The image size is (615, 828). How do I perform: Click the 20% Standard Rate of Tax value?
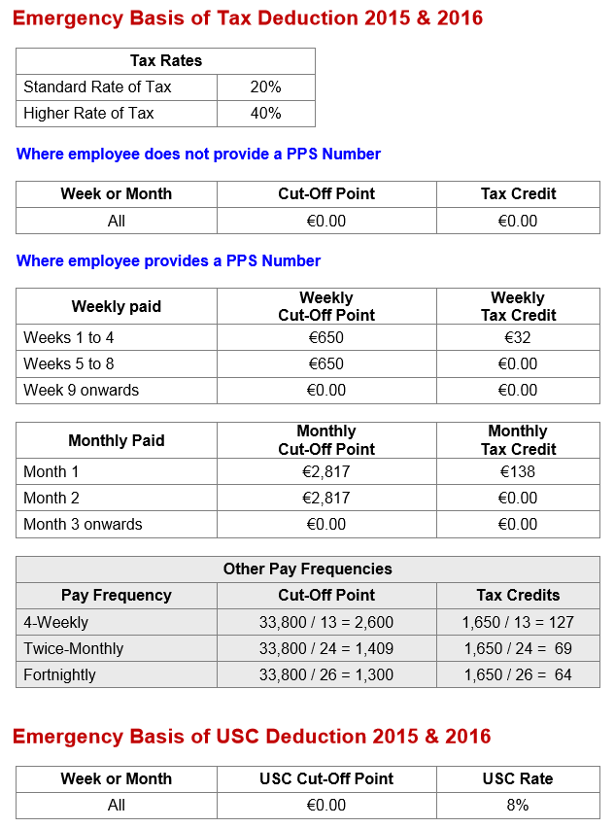[265, 87]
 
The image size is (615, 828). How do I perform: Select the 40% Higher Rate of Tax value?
[265, 114]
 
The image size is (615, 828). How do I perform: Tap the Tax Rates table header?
[165, 61]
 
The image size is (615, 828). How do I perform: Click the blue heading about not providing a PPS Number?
[198, 155]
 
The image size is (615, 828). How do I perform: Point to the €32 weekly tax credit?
[518, 338]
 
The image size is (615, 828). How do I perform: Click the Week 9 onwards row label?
[81, 391]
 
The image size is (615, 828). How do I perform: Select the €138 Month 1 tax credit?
[518, 472]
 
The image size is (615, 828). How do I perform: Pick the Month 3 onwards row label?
[83, 525]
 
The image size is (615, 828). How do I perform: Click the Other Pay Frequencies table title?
[307, 569]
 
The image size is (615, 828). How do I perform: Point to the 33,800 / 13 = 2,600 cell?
[325, 622]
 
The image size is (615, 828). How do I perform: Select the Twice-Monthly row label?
[73, 648]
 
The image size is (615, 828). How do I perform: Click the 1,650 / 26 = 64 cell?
[518, 674]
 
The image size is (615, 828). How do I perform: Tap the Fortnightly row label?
[59, 674]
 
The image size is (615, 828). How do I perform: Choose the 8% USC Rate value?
[518, 806]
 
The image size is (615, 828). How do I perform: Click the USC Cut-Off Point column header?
[325, 779]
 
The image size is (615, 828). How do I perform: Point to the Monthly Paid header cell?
[116, 440]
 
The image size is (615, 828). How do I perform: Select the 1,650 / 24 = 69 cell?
[518, 648]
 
